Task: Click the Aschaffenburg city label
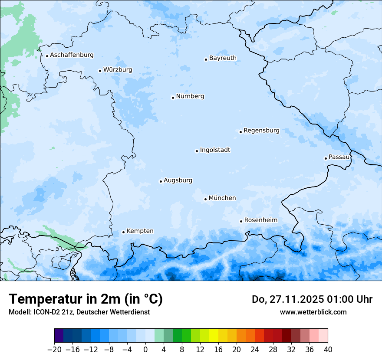pyautogui.click(x=72, y=55)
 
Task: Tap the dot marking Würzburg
pyautogui.click(x=100, y=71)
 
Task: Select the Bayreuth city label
pyautogui.click(x=223, y=58)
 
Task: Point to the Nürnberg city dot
pyautogui.click(x=173, y=98)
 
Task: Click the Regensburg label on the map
pyautogui.click(x=261, y=131)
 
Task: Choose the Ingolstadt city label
pyautogui.click(x=215, y=150)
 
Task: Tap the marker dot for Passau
pyautogui.click(x=326, y=158)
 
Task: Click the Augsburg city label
pyautogui.click(x=178, y=180)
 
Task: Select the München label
pyautogui.click(x=222, y=198)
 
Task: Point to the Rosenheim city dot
pyautogui.click(x=241, y=221)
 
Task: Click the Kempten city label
pyautogui.click(x=140, y=231)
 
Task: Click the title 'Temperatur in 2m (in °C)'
pyautogui.click(x=86, y=299)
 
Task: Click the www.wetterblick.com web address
pyautogui.click(x=313, y=312)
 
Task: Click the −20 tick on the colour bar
pyautogui.click(x=54, y=350)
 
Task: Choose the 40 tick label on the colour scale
pyautogui.click(x=328, y=350)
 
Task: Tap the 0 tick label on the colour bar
pyautogui.click(x=145, y=350)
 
